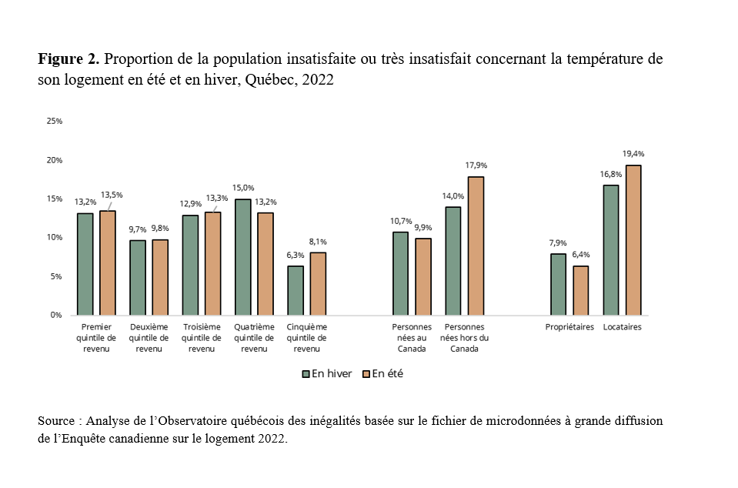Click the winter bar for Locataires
pos(611,250)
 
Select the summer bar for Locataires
pos(633,240)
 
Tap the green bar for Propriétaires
pos(559,284)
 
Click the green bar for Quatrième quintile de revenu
pos(243,257)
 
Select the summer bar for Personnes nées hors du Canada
pos(476,246)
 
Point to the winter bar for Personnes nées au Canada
pos(401,273)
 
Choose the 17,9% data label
pos(476,165)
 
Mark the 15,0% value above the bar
pos(243,188)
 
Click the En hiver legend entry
pos(328,374)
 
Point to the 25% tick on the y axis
pos(54,122)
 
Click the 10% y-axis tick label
pos(54,238)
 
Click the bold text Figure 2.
pos(67,60)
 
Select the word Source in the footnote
pos(57,421)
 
